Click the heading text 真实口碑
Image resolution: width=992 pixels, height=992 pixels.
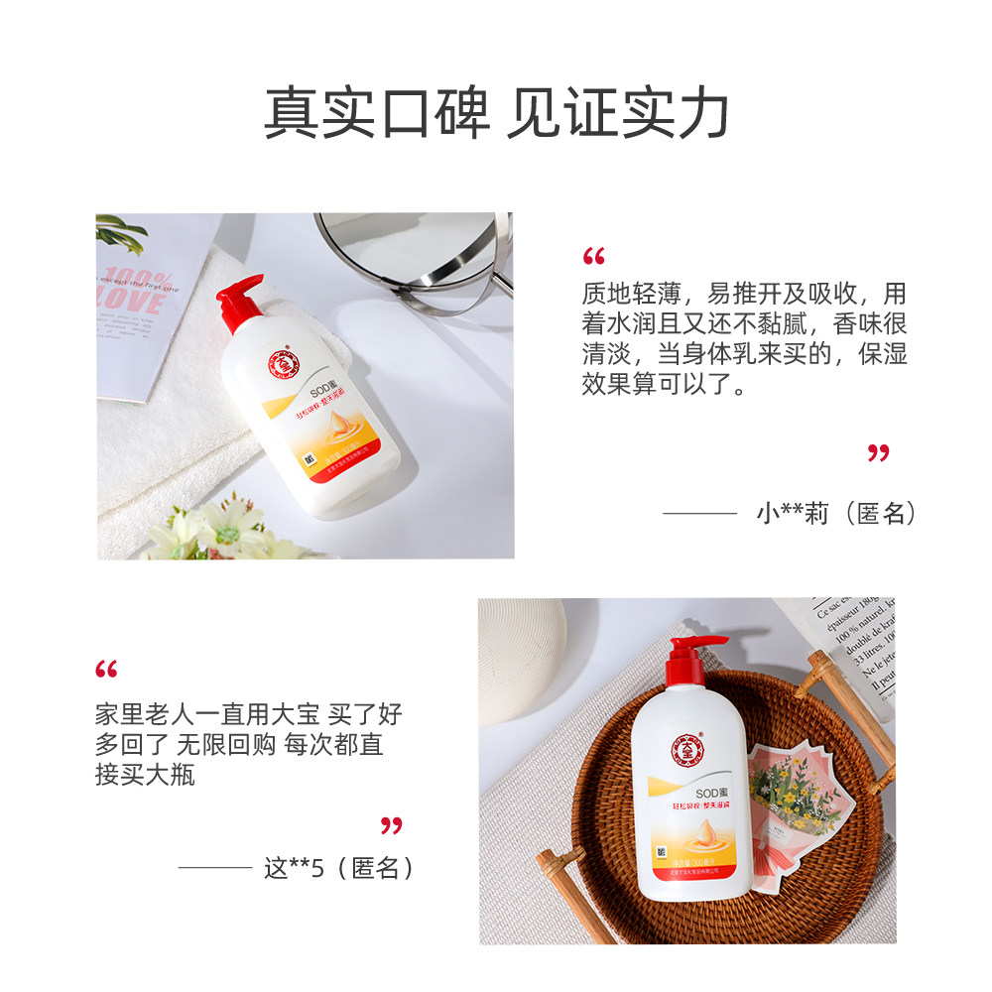377,114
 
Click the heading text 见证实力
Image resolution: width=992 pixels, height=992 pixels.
618,114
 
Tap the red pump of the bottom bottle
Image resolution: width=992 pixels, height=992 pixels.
687,656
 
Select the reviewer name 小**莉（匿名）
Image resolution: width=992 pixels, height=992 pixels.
835,513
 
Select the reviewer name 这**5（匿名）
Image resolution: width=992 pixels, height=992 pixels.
338,868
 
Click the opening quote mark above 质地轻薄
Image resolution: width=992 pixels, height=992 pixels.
593,258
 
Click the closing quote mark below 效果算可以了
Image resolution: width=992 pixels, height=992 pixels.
878,453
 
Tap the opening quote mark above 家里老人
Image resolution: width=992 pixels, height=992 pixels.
106,670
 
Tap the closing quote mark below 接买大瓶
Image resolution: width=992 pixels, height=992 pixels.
392,825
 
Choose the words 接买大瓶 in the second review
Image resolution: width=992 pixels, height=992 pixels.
145,775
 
